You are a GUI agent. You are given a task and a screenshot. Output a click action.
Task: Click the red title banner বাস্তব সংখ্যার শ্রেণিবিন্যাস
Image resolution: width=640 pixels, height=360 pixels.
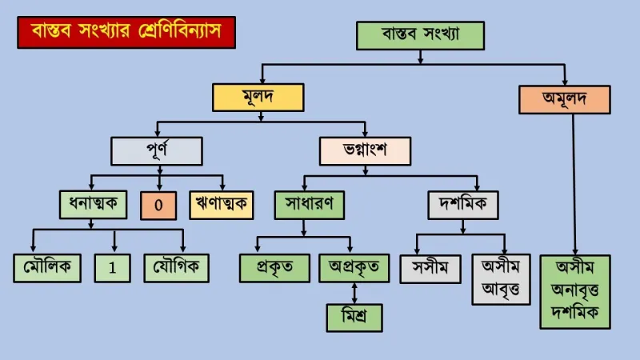pyautogui.click(x=126, y=32)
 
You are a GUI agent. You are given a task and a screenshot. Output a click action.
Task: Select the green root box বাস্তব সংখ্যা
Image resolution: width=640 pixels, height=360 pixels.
pyautogui.click(x=421, y=36)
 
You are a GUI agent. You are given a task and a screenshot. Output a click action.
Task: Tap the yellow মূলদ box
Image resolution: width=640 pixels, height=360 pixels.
pyautogui.click(x=258, y=98)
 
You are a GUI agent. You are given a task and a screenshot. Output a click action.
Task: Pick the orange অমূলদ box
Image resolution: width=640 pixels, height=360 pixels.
pyautogui.click(x=565, y=99)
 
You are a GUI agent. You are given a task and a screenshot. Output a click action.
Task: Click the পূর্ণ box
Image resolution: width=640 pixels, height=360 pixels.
pyautogui.click(x=157, y=151)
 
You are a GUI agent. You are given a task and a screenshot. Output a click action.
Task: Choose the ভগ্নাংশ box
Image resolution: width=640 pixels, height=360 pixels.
pyautogui.click(x=365, y=151)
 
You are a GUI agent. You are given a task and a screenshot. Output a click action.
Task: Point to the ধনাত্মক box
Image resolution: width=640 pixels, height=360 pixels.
pyautogui.click(x=93, y=205)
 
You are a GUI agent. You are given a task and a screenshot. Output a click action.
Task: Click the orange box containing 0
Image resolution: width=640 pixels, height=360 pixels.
pyautogui.click(x=158, y=206)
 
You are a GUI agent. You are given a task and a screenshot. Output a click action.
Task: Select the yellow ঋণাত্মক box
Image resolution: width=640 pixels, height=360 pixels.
pyautogui.click(x=222, y=205)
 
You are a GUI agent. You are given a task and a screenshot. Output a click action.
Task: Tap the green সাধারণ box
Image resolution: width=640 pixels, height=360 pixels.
pyautogui.click(x=310, y=205)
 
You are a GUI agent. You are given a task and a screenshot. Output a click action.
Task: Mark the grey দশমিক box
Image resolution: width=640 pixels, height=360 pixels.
pyautogui.click(x=463, y=205)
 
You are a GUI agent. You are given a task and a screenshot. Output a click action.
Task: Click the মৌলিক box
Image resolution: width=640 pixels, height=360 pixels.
pyautogui.click(x=47, y=268)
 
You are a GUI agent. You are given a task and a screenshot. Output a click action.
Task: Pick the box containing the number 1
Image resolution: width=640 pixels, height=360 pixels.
pyautogui.click(x=112, y=268)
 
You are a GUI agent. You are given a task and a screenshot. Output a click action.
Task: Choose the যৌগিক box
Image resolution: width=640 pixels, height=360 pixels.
pyautogui.click(x=176, y=268)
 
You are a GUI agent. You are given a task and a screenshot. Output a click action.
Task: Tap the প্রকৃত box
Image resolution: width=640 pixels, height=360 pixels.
pyautogui.click(x=274, y=268)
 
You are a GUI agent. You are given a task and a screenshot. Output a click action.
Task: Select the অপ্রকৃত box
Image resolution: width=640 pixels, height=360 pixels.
pyautogui.click(x=354, y=268)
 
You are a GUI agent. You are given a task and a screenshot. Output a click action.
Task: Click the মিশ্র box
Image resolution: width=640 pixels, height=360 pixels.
pyautogui.click(x=354, y=318)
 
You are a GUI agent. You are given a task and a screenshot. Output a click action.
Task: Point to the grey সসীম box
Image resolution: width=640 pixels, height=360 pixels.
pyautogui.click(x=430, y=269)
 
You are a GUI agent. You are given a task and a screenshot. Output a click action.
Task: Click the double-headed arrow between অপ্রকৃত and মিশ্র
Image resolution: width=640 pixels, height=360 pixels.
pyautogui.click(x=354, y=293)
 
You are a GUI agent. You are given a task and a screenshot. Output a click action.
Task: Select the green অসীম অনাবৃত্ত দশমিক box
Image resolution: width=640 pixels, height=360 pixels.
pyautogui.click(x=575, y=292)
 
